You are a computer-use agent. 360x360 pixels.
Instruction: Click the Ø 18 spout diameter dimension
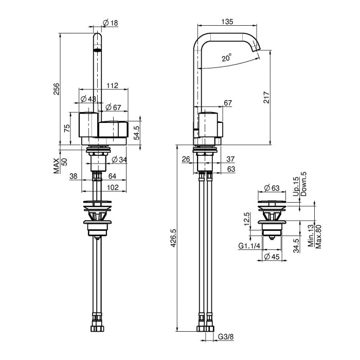(x=111, y=23)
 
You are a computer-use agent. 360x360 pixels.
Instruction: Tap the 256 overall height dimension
(x=57, y=89)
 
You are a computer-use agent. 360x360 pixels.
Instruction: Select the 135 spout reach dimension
(x=227, y=22)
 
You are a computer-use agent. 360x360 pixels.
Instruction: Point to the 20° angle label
(x=227, y=58)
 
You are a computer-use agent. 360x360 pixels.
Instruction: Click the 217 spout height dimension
(x=266, y=97)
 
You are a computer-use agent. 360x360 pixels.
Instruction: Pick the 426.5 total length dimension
(x=173, y=238)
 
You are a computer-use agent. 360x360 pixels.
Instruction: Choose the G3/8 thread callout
(x=226, y=337)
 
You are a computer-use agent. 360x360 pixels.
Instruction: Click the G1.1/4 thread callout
(x=249, y=246)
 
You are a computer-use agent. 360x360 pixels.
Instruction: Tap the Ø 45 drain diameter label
(x=272, y=257)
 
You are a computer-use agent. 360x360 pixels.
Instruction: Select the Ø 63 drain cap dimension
(x=272, y=188)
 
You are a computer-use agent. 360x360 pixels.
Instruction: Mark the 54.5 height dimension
(x=137, y=133)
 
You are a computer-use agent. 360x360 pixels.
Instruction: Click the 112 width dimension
(x=112, y=85)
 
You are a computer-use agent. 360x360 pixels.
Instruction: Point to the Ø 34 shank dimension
(x=119, y=159)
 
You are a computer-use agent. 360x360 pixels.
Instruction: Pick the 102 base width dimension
(x=113, y=187)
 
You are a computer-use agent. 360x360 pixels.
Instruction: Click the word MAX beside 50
(x=57, y=166)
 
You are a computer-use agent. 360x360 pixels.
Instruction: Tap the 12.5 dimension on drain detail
(x=247, y=219)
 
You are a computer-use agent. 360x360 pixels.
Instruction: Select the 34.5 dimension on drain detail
(x=296, y=246)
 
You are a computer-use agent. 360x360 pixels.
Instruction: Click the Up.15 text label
(x=296, y=186)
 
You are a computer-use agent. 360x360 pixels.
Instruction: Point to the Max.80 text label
(x=318, y=237)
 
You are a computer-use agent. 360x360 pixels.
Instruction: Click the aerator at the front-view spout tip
(x=97, y=50)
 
